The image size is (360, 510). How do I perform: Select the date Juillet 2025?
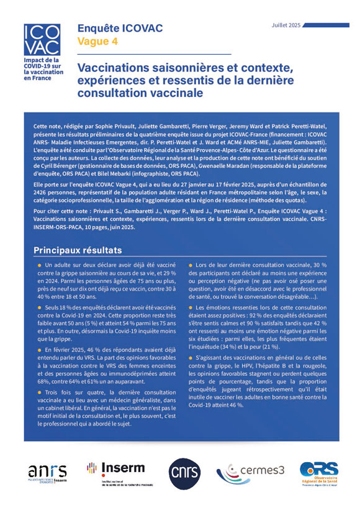pos(286,25)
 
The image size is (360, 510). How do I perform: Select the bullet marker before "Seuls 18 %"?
pos(40,309)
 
